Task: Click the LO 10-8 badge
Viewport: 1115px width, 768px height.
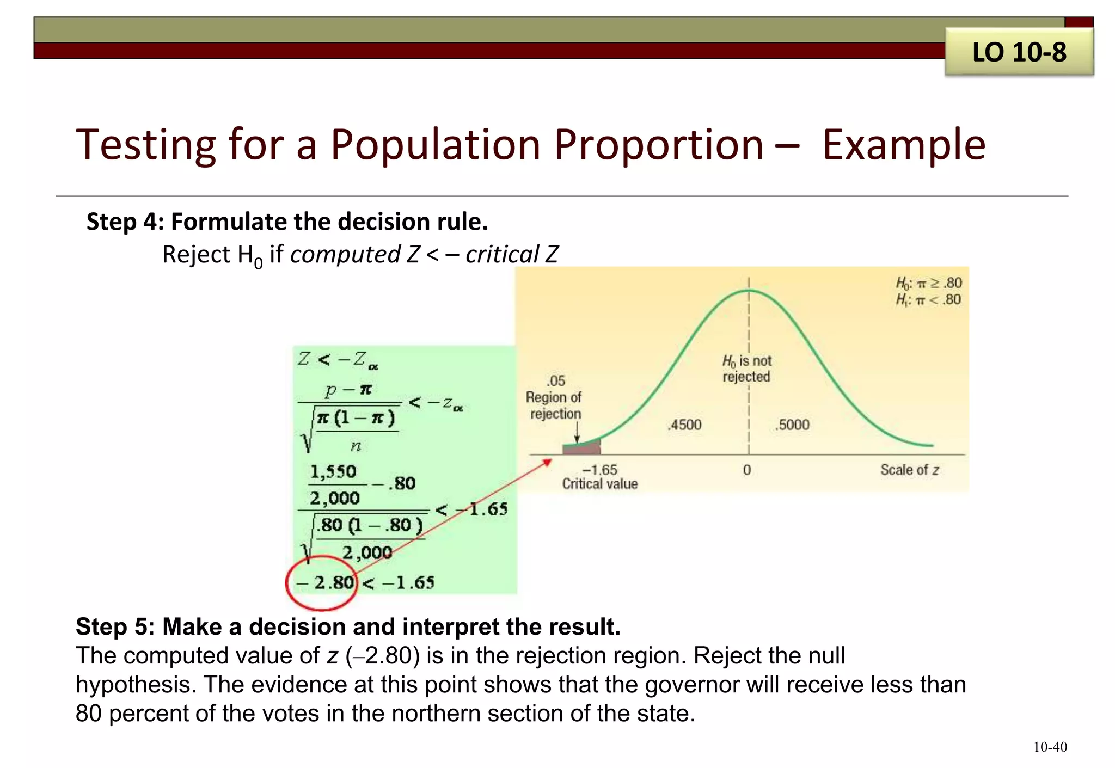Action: click(x=1019, y=52)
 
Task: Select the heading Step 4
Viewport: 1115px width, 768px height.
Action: click(x=287, y=222)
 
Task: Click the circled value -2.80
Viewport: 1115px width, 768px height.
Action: click(x=325, y=582)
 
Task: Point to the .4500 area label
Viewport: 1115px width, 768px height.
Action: click(x=685, y=425)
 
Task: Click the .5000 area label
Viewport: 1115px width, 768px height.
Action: click(x=793, y=425)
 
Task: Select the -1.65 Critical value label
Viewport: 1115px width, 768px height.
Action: click(x=599, y=476)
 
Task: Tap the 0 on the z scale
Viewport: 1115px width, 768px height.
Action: click(x=747, y=470)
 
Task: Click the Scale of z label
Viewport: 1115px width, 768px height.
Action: click(x=909, y=470)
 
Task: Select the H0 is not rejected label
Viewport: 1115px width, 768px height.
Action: click(x=747, y=368)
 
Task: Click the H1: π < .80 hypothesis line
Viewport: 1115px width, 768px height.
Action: click(x=929, y=299)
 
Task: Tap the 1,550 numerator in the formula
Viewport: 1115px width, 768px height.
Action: click(x=333, y=471)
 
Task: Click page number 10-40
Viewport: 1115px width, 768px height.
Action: click(x=1050, y=747)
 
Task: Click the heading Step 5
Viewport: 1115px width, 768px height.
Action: click(x=348, y=626)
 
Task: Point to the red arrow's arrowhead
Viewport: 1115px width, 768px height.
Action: click(x=548, y=462)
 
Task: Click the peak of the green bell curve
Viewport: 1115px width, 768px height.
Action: click(x=749, y=291)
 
